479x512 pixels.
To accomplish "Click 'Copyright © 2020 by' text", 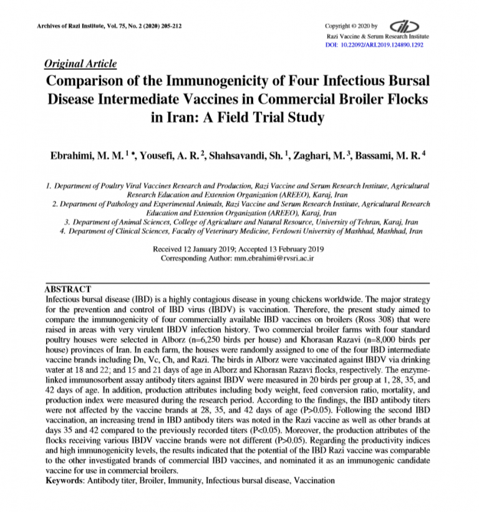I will [351, 26].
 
